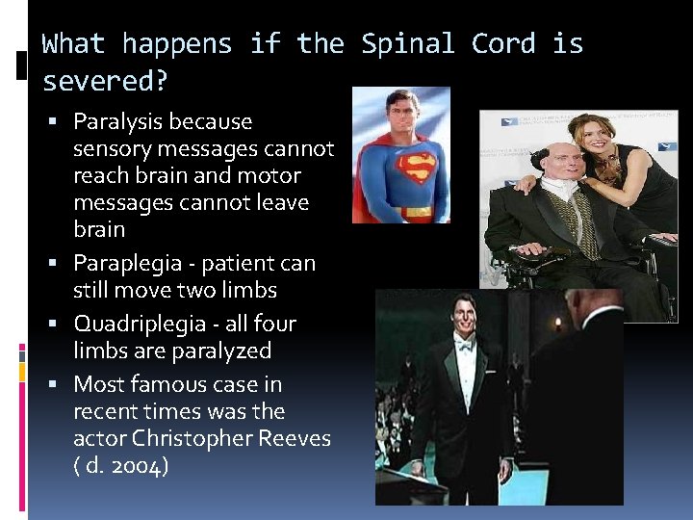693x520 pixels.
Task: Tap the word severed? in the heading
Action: [105, 81]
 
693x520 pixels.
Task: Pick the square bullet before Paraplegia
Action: [59, 263]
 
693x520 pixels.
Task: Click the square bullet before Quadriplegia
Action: [59, 324]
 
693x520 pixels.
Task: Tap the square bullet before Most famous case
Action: [59, 385]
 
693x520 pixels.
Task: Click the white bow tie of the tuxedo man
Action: [466, 346]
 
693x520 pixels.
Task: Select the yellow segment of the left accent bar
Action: [22, 368]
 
